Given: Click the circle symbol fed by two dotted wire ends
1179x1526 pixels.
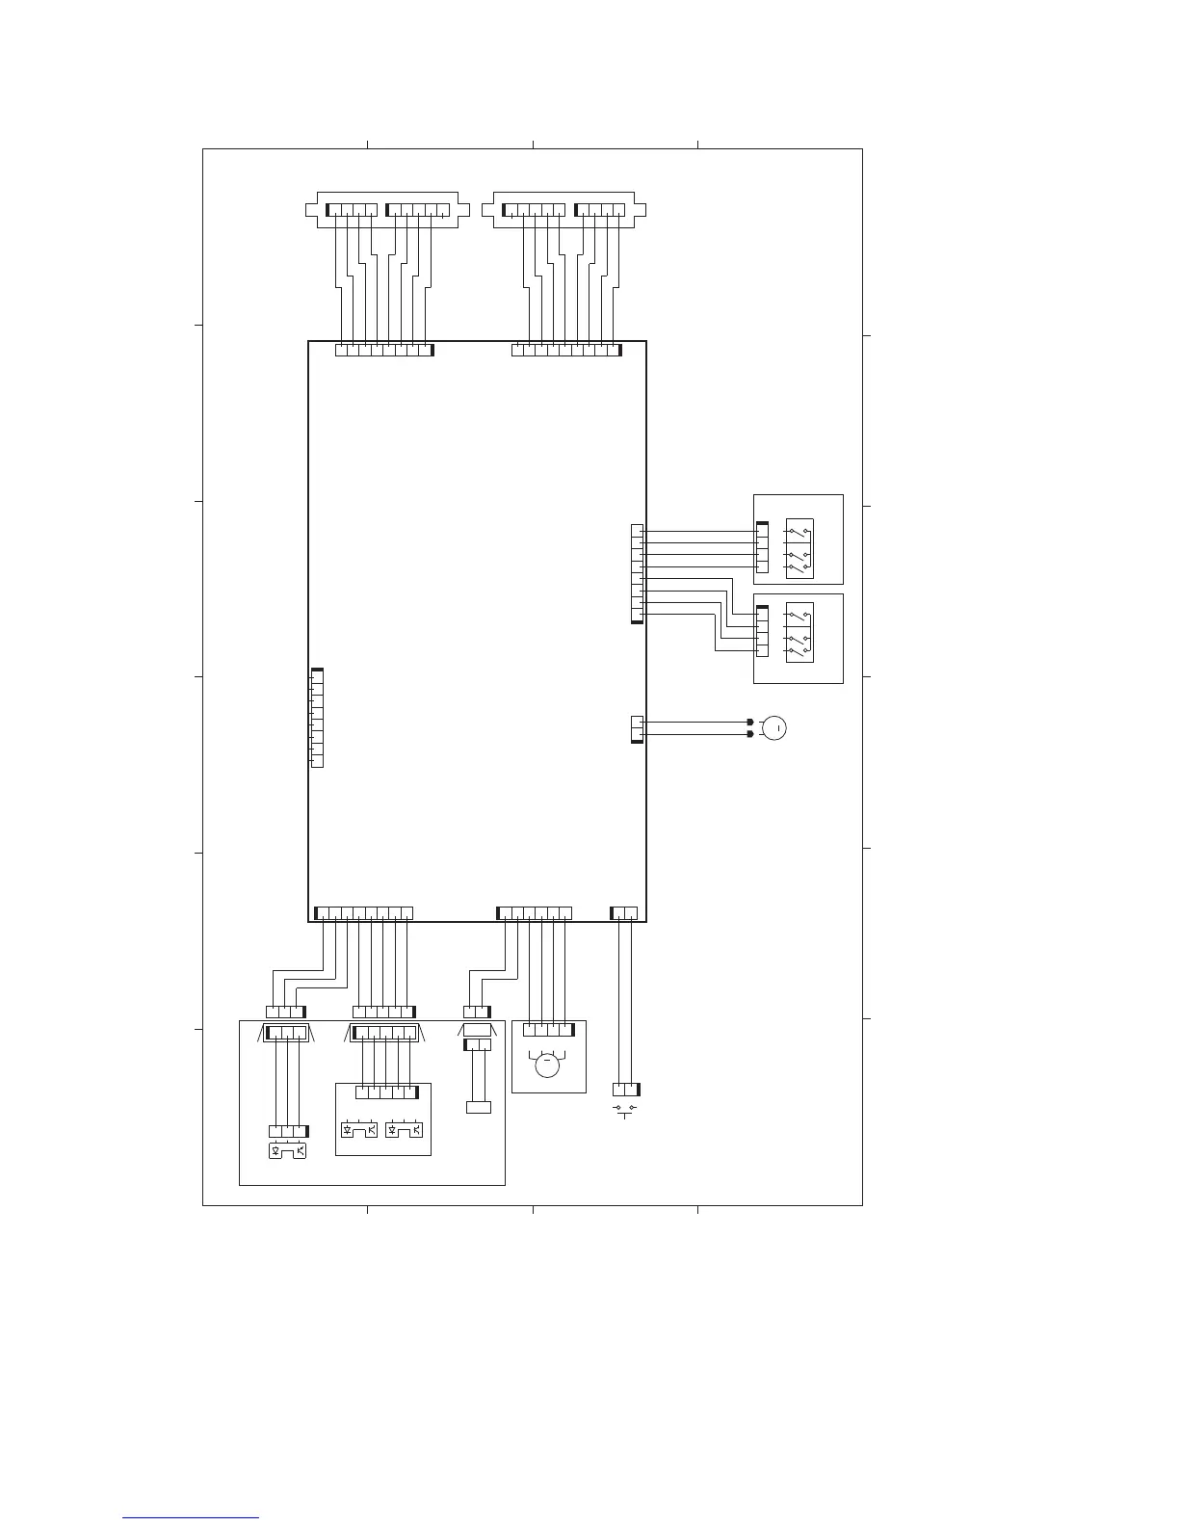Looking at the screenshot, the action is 773,727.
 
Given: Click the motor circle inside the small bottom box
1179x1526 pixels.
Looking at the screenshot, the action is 547,1066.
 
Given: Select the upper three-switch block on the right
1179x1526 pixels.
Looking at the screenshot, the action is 799,549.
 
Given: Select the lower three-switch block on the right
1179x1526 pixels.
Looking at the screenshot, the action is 799,632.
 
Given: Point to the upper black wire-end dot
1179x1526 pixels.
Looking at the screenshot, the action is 750,722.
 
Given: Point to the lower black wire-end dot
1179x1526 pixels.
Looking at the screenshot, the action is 750,734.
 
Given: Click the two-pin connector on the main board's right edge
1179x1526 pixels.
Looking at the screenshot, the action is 637,729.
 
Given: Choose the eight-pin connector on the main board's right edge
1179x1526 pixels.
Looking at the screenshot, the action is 637,573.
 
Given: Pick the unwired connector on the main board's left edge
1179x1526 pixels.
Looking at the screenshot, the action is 317,718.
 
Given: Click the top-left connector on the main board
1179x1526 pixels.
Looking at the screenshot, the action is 384,350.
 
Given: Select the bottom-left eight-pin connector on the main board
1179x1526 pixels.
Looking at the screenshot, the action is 364,913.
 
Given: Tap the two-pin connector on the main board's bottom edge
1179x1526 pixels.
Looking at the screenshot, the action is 624,913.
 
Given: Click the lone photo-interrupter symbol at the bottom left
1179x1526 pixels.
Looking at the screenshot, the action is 288,1149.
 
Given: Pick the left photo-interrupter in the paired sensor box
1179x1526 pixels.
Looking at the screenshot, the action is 359,1129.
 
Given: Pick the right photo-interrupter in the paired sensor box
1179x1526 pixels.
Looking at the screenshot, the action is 404,1129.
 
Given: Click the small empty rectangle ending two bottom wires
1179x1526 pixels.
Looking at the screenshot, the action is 479,1107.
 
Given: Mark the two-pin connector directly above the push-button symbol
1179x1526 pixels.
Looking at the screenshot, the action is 626,1090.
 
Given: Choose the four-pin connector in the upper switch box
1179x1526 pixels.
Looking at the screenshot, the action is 762,548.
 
